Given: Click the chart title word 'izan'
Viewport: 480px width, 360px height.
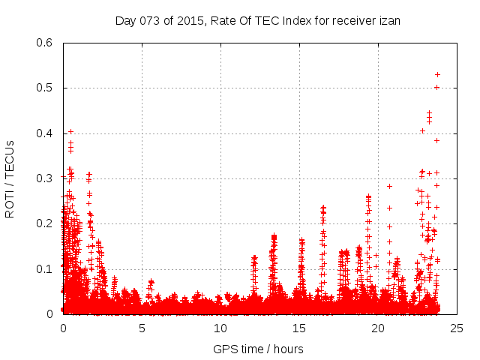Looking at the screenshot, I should pyautogui.click(x=388, y=20).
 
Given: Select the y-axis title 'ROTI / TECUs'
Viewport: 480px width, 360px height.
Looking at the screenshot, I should pyautogui.click(x=10, y=178).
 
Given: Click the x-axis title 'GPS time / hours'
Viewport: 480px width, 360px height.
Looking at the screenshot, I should pyautogui.click(x=258, y=349).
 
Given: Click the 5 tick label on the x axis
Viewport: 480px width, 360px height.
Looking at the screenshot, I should pyautogui.click(x=142, y=328).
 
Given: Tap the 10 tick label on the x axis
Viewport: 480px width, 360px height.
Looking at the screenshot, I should pyautogui.click(x=220, y=328).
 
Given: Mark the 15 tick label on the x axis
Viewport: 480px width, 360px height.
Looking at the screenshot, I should pyautogui.click(x=299, y=328).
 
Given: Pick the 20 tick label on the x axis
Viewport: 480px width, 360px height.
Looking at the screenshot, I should pyautogui.click(x=378, y=328).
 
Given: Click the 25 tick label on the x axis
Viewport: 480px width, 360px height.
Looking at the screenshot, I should pyautogui.click(x=457, y=328).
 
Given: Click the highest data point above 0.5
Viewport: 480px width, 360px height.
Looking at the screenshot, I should pyautogui.click(x=437, y=74).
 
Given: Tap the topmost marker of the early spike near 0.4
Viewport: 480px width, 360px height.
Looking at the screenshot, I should pyautogui.click(x=70, y=131).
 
